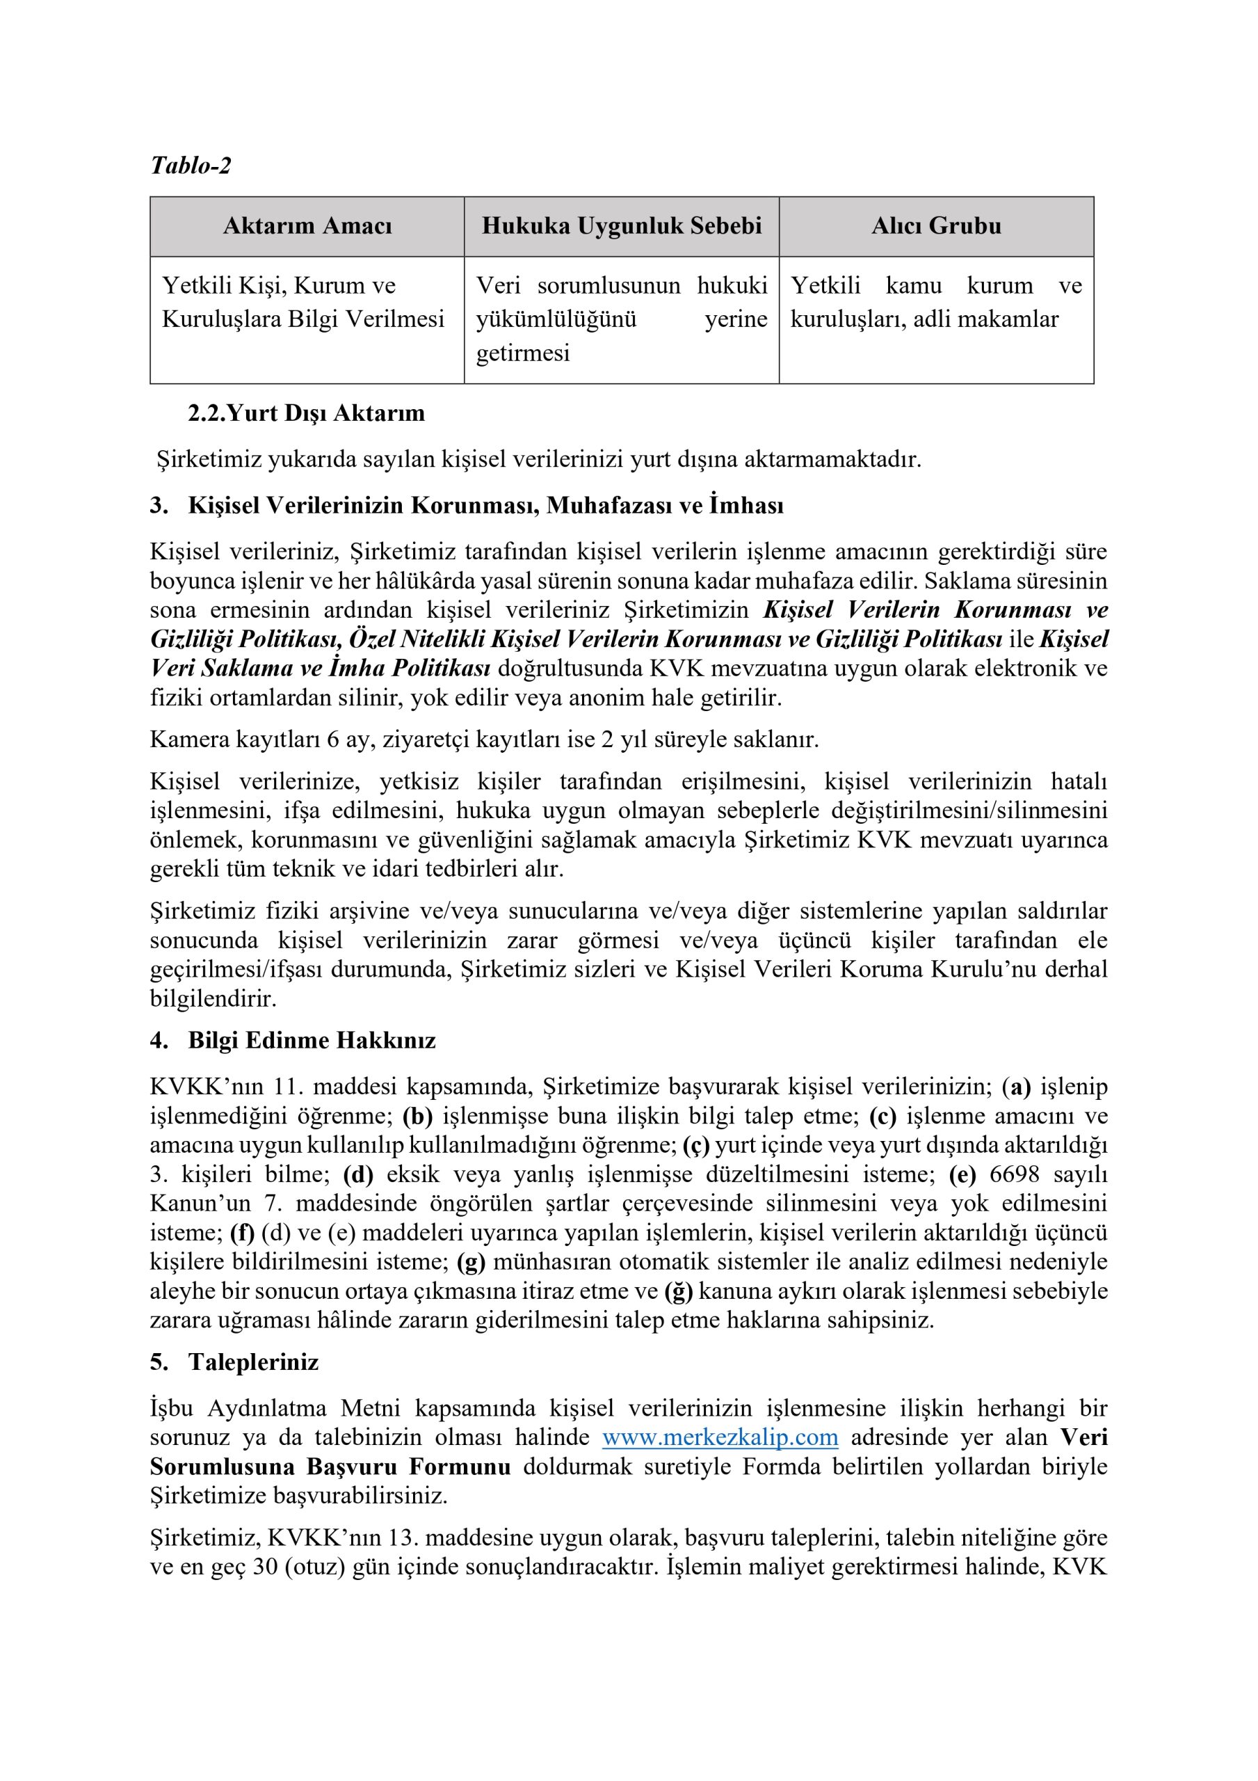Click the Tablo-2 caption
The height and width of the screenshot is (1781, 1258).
(191, 165)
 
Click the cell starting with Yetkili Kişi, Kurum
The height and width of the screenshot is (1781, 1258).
(303, 303)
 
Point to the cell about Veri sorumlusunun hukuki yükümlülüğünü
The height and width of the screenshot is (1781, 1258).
(621, 319)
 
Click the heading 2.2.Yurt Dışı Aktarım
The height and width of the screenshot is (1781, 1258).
(307, 413)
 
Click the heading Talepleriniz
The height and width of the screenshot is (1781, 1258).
(253, 1362)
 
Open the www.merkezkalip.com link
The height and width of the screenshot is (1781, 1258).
(720, 1437)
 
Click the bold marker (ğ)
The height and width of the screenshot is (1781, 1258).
(679, 1291)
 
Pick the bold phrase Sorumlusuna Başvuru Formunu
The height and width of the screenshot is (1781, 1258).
(330, 1467)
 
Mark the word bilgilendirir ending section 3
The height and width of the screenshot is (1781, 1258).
(213, 998)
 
